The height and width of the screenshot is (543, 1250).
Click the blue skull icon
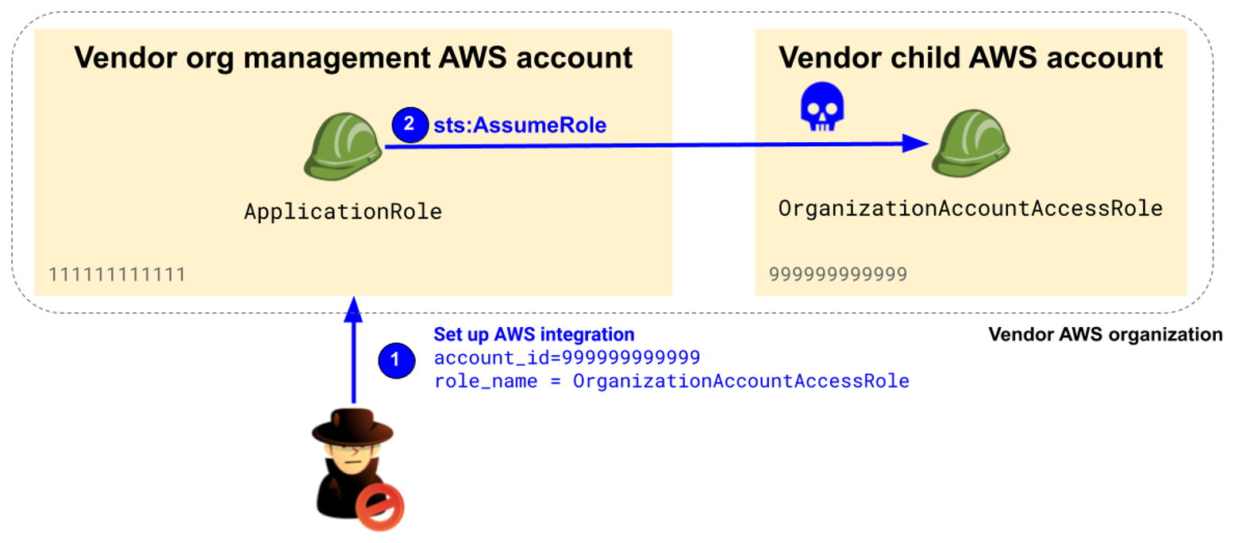[821, 106]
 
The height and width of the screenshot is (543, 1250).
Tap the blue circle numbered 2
[410, 125]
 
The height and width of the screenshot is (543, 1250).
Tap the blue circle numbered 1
[396, 360]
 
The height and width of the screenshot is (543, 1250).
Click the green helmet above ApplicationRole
[343, 146]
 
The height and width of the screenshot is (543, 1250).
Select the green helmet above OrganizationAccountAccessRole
[970, 143]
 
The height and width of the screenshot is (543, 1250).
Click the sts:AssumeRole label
[520, 125]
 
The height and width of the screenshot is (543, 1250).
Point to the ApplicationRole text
[343, 212]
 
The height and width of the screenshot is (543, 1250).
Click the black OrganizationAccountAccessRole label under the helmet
[970, 209]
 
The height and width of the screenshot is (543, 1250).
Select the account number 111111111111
[117, 275]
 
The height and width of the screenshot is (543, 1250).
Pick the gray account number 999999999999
[837, 275]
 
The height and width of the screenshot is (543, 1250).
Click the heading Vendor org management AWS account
[353, 58]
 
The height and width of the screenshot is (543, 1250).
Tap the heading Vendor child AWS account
[970, 58]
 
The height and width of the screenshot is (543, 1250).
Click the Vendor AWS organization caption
[1105, 334]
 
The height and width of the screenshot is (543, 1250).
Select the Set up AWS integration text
[533, 334]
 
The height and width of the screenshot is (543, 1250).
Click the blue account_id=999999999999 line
[567, 358]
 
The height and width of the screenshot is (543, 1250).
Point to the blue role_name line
[671, 381]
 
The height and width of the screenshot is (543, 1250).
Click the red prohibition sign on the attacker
[379, 506]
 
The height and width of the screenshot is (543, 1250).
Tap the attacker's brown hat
[352, 426]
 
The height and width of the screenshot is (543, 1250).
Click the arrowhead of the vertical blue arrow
[354, 310]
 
